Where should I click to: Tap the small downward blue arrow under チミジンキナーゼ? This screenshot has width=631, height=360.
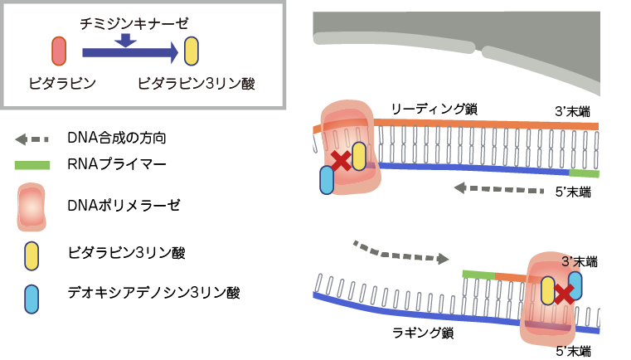[x=124, y=40]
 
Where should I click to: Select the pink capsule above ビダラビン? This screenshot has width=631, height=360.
[x=59, y=51]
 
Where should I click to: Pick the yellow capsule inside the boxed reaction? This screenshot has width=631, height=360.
[x=192, y=51]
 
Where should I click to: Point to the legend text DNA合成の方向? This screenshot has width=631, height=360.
[x=123, y=137]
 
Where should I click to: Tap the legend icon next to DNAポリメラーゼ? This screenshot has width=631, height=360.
[x=32, y=206]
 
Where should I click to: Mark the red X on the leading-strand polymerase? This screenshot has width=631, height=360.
[x=340, y=159]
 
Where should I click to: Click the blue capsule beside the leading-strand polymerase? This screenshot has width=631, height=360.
[x=327, y=180]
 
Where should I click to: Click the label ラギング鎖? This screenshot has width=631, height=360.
[x=422, y=333]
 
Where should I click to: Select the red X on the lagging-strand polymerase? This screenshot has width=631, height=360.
[x=565, y=292]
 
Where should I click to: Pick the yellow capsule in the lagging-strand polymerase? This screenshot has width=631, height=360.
[x=547, y=290]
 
